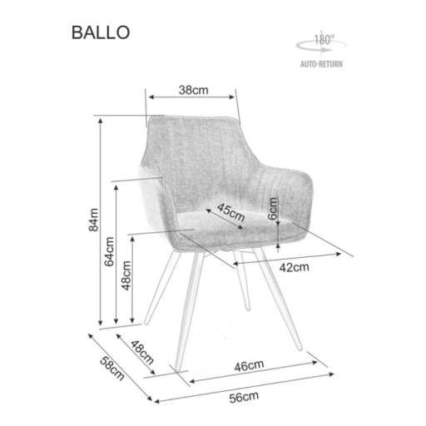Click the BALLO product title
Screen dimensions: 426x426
(101, 32)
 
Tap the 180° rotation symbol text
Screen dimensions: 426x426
(324, 40)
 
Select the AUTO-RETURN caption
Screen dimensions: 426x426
(321, 64)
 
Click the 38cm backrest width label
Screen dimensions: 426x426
(193, 90)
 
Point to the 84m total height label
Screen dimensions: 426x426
(93, 220)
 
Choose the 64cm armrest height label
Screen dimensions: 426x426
(109, 251)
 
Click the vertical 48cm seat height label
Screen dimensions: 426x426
(126, 275)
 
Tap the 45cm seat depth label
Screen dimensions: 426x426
(230, 212)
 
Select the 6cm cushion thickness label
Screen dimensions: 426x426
(273, 208)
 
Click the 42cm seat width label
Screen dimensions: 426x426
(294, 267)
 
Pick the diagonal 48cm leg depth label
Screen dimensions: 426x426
(141, 352)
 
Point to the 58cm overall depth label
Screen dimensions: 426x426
(111, 369)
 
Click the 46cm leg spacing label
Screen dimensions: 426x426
(249, 366)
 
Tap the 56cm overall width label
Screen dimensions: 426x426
(244, 397)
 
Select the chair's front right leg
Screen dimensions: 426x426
(278, 299)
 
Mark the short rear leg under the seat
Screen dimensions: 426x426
(242, 280)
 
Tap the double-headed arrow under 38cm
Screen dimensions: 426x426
(191, 97)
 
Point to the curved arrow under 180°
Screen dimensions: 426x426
(321, 46)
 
